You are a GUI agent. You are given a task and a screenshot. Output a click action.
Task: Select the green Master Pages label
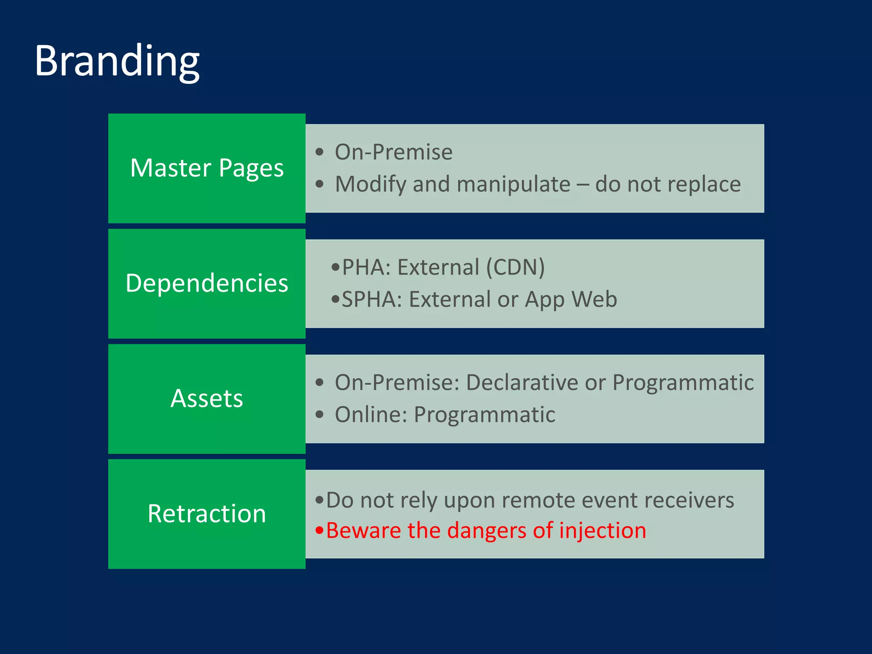[207, 168]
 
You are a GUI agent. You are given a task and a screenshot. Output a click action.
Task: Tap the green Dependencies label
[207, 283]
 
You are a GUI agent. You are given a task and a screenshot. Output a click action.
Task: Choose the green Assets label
[207, 399]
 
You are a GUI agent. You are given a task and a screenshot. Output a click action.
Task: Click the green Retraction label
[207, 513]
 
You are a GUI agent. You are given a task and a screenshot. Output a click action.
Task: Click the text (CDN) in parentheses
[515, 267]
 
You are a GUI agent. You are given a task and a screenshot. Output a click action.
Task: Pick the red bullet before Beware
[319, 531]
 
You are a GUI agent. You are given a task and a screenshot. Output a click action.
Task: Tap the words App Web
[571, 299]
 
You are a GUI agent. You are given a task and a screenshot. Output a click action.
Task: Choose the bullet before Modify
[320, 184]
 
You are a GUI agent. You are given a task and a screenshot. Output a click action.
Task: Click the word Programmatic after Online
[485, 415]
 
